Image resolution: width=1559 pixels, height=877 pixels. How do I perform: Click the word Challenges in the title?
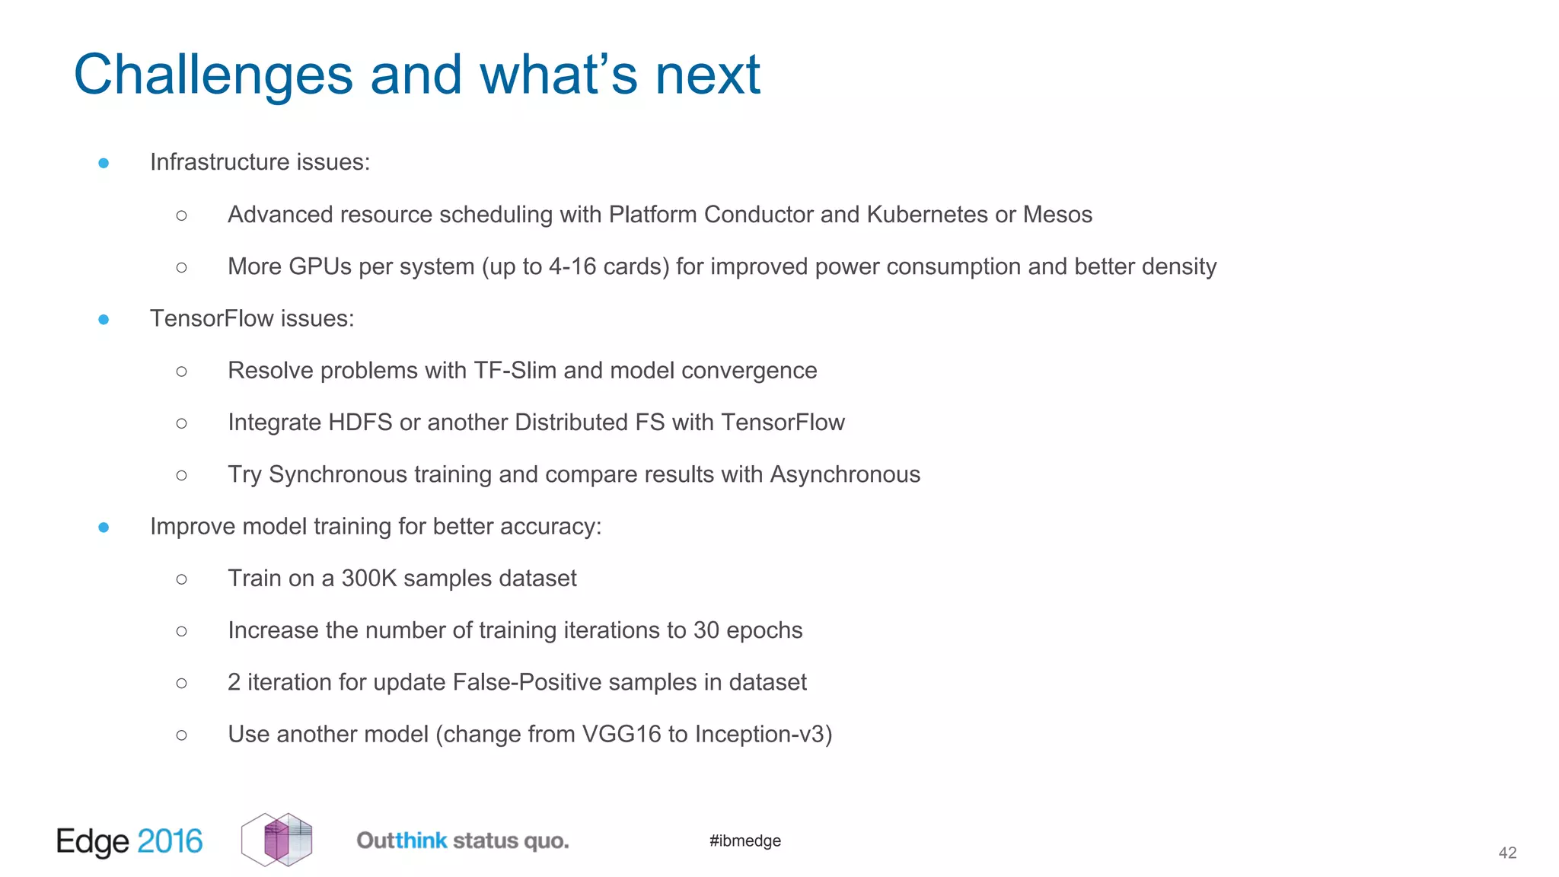(213, 75)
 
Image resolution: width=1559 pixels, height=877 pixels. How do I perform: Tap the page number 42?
(1507, 853)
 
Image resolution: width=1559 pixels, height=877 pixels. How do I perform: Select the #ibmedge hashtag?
(744, 840)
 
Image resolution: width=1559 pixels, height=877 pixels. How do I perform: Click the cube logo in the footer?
(277, 840)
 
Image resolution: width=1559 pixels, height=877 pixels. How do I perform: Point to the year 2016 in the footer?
(170, 841)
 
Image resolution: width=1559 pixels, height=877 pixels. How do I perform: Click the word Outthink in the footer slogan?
(402, 840)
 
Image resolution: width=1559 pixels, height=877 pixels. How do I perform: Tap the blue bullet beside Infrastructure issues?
(104, 163)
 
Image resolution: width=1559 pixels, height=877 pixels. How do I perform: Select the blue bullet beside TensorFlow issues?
(104, 320)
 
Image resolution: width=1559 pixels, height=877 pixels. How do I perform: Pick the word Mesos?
(1057, 215)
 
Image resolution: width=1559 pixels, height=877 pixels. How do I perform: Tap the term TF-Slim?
(515, 371)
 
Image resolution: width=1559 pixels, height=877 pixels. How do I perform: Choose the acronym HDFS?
(360, 423)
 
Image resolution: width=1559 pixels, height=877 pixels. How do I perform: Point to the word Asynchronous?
(845, 474)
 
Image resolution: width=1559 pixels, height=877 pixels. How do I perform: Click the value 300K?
(369, 579)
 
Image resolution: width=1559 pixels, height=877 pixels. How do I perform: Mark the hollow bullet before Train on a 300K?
(181, 579)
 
